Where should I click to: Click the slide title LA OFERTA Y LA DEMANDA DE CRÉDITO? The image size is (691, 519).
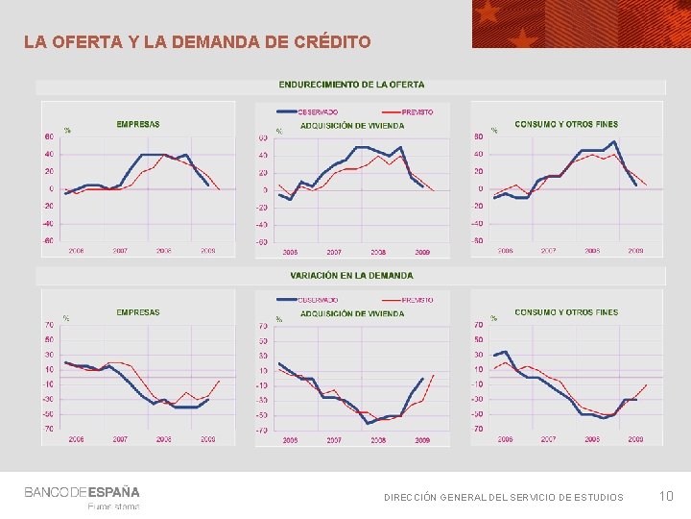197,42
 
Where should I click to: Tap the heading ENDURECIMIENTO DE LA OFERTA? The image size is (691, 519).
351,86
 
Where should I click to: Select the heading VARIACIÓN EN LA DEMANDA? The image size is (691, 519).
351,275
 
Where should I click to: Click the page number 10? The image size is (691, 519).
667,496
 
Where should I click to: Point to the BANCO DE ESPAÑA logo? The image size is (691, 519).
82,492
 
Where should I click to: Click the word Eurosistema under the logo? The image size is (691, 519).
113,507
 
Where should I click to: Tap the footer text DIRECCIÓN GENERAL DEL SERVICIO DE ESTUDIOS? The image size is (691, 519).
503,497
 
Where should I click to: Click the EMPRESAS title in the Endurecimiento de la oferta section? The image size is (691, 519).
138,124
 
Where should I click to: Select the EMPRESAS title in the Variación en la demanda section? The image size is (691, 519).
138,312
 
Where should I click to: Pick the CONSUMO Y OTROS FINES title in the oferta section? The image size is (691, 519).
566,124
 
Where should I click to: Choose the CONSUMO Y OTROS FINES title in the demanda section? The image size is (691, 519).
566,312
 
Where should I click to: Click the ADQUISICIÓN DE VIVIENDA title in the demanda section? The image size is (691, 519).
352,313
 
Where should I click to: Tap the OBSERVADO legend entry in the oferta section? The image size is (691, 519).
317,111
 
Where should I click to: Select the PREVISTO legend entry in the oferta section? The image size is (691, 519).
417,111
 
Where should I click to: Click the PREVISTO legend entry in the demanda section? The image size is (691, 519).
417,300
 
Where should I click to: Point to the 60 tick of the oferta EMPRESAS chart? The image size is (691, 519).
49,136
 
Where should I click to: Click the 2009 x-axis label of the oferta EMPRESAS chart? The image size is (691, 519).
207,251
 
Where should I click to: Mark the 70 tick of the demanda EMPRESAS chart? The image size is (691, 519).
49,325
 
